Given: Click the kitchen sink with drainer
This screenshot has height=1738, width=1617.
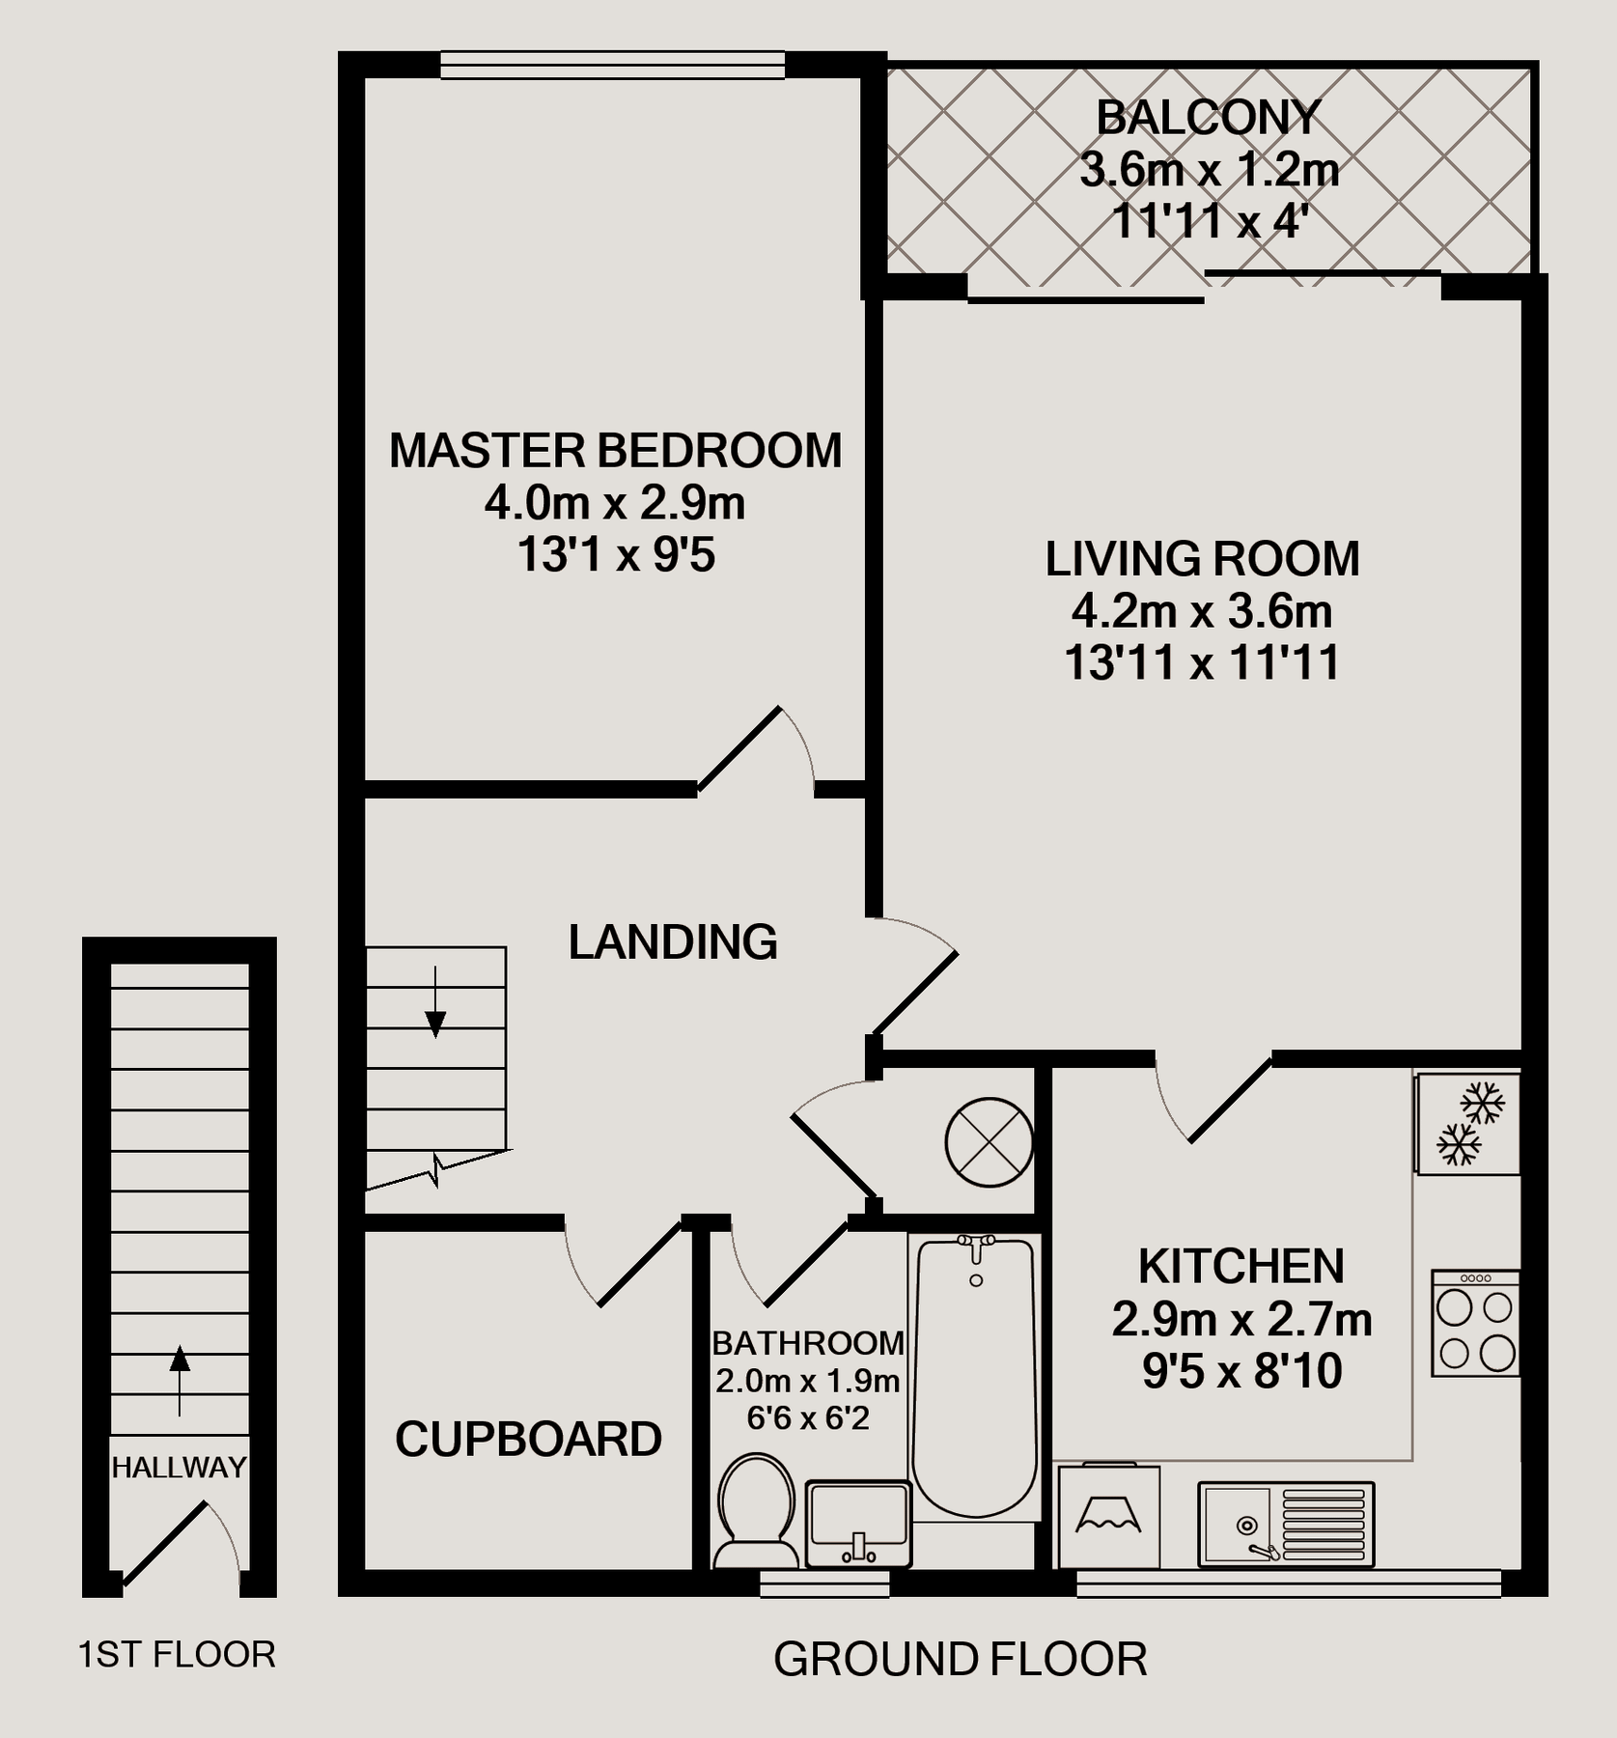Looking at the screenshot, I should coord(1286,1524).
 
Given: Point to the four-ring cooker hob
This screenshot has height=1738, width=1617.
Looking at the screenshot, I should coord(1475,1322).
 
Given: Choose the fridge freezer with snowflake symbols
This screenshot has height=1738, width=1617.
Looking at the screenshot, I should coord(1467,1123).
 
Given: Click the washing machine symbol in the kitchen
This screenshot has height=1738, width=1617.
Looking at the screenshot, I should coord(1108,1517).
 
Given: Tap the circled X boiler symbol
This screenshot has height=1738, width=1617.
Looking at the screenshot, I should coord(989,1143).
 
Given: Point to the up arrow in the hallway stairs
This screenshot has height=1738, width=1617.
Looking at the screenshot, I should coord(180,1379).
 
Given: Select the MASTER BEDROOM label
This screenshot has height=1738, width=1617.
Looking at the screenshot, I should coord(615,451).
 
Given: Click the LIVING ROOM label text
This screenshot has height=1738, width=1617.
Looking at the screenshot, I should coord(1202,559).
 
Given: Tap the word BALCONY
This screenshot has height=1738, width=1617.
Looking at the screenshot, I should coord(1208,119).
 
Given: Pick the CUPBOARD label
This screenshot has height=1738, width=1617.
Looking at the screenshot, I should coord(528,1439).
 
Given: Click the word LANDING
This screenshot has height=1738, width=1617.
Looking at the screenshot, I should coord(673,941).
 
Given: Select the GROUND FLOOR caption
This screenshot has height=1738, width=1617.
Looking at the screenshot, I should coord(960,1659).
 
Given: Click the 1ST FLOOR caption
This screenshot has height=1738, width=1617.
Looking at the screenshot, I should coord(177,1654).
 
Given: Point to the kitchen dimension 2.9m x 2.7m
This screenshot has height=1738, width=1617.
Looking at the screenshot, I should coord(1241,1319).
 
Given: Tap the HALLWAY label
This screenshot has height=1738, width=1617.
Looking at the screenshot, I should coord(179,1468).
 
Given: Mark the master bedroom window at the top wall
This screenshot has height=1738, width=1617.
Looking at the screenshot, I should coord(612,66).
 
